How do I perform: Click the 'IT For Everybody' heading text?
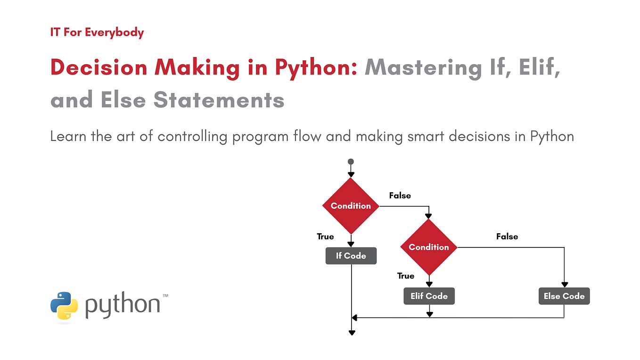[x=97, y=33]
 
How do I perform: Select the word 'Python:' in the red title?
[x=317, y=68]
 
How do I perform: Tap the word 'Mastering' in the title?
[x=417, y=68]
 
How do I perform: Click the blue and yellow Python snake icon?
[x=64, y=305]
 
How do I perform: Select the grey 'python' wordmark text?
[x=123, y=305]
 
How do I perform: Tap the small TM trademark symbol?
[x=165, y=296]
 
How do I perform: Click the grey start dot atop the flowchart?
[x=351, y=162]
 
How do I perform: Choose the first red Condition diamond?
[x=351, y=206]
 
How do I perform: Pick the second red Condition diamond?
[x=428, y=247]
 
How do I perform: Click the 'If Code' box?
[x=351, y=256]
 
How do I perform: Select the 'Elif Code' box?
[x=429, y=296]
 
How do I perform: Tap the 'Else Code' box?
[x=564, y=296]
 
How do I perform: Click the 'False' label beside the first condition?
[x=400, y=196]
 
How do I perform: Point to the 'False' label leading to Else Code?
[x=507, y=237]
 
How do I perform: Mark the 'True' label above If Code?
[x=325, y=237]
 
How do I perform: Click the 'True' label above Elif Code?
[x=405, y=276]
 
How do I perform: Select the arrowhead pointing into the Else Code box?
[x=564, y=285]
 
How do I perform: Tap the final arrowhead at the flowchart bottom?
[x=351, y=333]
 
